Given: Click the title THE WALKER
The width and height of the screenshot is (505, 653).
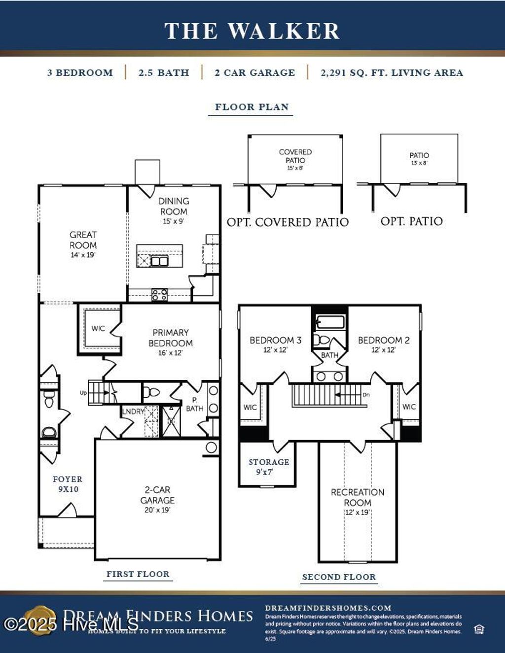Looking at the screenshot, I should (252, 31).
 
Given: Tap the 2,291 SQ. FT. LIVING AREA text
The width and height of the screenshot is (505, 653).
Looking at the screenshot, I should (392, 73).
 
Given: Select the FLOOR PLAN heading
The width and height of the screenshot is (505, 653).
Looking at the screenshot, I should (252, 107).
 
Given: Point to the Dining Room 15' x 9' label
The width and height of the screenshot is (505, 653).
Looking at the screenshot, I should (173, 210).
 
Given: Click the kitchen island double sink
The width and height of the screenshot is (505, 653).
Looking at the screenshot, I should (159, 261).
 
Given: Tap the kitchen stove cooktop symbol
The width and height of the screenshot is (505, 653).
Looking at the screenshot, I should (159, 295).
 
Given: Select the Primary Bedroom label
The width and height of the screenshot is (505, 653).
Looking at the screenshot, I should (171, 342).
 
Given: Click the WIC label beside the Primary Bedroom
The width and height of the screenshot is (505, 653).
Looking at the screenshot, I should (98, 329).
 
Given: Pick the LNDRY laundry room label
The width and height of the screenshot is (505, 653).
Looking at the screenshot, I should (133, 412).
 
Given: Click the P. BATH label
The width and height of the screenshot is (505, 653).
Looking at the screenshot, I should (194, 405).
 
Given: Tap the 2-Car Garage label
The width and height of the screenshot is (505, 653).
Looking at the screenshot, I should (157, 499).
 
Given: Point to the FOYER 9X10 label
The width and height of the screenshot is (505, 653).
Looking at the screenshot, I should (68, 484).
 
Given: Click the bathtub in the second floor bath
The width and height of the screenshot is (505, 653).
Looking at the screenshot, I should (330, 323).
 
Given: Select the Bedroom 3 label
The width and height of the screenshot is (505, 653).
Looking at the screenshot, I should (275, 344).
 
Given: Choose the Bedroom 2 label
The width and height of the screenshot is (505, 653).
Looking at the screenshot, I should (384, 344).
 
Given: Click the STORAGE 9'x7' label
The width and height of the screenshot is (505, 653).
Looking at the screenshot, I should (268, 467).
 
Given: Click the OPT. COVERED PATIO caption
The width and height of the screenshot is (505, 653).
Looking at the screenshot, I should (288, 222).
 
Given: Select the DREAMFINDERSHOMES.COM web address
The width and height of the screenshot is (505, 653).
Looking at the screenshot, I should (328, 608).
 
